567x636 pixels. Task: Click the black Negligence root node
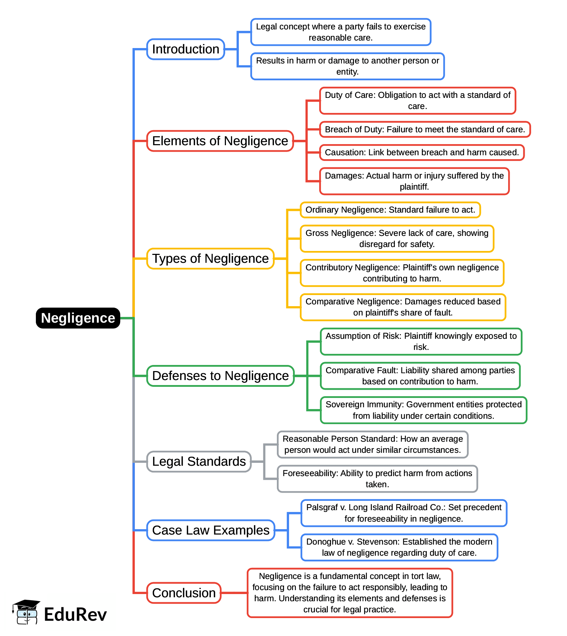(x=78, y=318)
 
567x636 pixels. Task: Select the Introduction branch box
(x=185, y=49)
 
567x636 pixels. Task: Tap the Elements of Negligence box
(x=220, y=141)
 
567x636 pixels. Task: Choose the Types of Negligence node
(x=210, y=258)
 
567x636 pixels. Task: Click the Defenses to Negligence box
(x=220, y=376)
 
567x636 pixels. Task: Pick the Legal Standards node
(x=199, y=461)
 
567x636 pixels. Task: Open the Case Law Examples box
(x=211, y=530)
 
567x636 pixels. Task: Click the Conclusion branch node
(x=184, y=593)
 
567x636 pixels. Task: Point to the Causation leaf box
(x=422, y=152)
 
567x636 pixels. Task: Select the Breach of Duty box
(x=425, y=129)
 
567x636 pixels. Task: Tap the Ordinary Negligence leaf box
(x=390, y=210)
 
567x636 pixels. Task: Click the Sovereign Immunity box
(x=423, y=410)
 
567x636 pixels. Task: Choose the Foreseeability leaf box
(x=377, y=479)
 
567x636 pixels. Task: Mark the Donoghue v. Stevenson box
(x=399, y=547)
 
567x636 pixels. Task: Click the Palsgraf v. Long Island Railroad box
(x=404, y=513)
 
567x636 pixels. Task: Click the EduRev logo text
(x=75, y=614)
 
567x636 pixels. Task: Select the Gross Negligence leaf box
(x=397, y=239)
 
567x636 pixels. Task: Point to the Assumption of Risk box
(x=421, y=342)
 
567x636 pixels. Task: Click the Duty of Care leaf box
(x=417, y=101)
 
